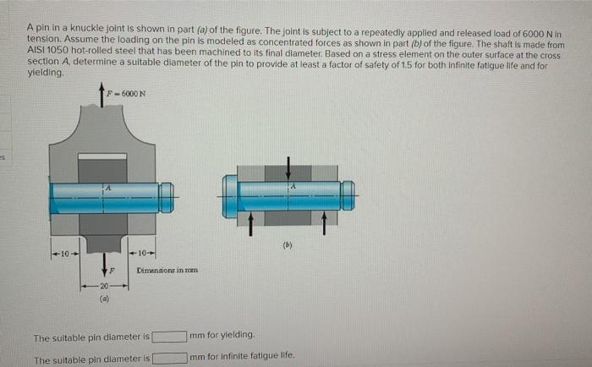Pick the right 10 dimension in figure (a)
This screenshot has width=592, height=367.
[x=144, y=253]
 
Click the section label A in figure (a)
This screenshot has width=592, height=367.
[x=107, y=185]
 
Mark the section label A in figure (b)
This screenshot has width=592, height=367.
[x=293, y=185]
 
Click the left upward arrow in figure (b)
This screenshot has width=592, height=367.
[x=252, y=222]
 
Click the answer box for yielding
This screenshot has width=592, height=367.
[x=169, y=337]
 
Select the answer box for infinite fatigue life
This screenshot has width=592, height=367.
[x=169, y=358]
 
